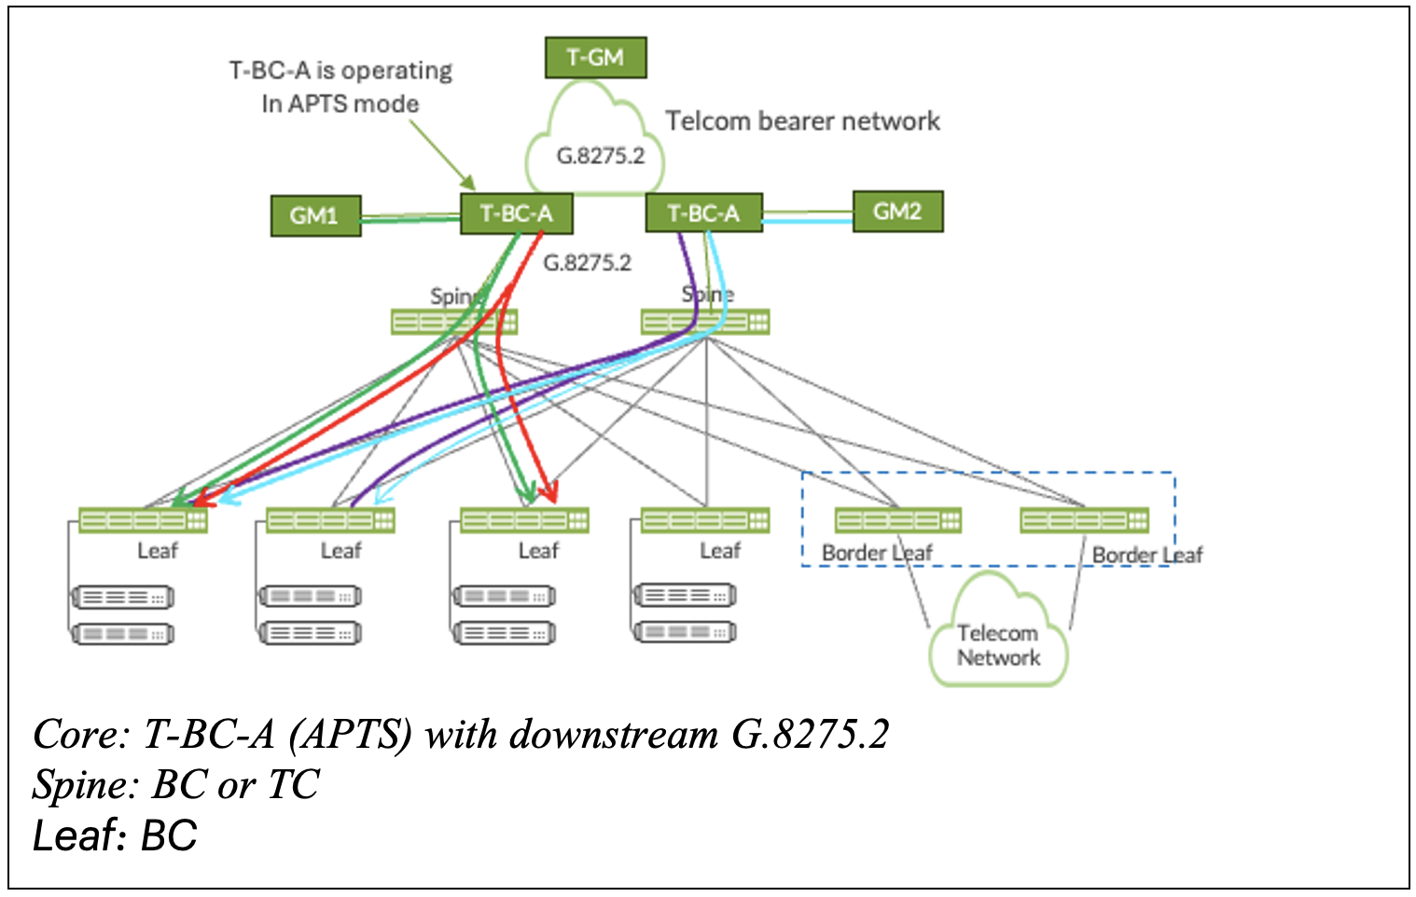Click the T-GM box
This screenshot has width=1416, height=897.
coord(595,58)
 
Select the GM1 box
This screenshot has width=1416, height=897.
coord(315,216)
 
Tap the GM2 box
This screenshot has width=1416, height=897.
coord(897,212)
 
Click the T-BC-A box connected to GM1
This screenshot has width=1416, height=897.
coord(517,214)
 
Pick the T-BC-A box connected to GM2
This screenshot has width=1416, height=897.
coord(703,213)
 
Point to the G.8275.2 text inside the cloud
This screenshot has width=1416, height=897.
coord(600,156)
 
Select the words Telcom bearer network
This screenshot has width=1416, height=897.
coord(802,120)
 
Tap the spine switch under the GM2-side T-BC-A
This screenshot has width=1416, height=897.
coord(705,322)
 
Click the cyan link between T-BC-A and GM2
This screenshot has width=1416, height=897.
coord(807,221)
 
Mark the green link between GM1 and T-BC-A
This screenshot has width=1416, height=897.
coord(410,218)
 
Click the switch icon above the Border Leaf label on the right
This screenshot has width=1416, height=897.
coord(1084,520)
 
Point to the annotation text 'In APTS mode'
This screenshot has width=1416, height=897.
coord(340,103)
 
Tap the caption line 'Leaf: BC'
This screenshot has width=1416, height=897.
coord(115,835)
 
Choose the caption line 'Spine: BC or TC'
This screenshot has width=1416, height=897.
coord(175,784)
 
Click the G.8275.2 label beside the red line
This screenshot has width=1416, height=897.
coord(588,263)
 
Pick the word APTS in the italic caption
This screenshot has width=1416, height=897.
coord(351,735)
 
